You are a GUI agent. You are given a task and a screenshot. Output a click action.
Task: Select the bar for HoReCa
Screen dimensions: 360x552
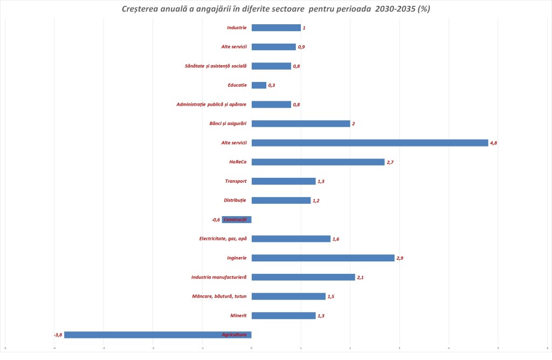click(x=318, y=162)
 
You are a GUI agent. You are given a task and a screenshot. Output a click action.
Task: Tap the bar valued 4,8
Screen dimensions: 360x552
click(x=370, y=143)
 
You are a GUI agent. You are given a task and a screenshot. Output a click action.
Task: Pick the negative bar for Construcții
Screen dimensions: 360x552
click(x=237, y=219)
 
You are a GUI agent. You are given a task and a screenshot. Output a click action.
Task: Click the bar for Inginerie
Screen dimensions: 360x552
click(x=323, y=258)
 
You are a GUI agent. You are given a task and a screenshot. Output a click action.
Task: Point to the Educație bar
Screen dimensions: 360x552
click(x=259, y=85)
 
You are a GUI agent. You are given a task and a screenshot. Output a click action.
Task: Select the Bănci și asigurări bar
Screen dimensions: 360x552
click(x=301, y=123)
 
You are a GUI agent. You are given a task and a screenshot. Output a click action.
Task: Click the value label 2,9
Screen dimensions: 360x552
click(x=400, y=258)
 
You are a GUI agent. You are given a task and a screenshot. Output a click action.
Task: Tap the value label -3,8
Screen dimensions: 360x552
click(x=58, y=335)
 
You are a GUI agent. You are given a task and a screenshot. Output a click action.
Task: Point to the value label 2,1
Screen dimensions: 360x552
click(x=361, y=278)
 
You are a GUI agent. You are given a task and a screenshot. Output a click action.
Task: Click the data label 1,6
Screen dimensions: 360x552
click(x=336, y=239)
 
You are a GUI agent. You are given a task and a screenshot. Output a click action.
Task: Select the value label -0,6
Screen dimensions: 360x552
click(x=216, y=220)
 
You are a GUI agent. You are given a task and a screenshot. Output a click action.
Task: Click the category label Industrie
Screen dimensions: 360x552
click(x=236, y=27)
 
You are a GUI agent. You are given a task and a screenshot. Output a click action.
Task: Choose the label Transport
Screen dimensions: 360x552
click(x=236, y=181)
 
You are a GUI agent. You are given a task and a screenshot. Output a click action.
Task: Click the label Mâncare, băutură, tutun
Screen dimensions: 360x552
click(x=219, y=296)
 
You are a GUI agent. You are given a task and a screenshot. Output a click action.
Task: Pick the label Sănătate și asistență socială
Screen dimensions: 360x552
click(x=215, y=66)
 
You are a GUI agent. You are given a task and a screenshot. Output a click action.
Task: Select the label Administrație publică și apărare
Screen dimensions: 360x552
click(x=211, y=105)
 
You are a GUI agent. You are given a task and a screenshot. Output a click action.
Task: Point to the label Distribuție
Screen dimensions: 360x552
click(x=234, y=200)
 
